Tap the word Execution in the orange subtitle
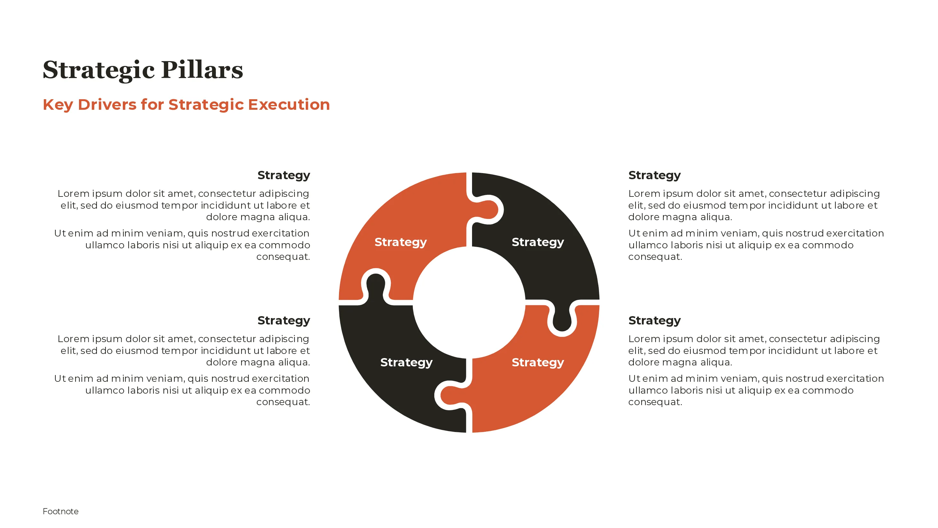coord(289,105)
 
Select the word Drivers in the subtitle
coord(107,105)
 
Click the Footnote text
coord(60,511)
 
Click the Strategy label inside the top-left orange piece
coord(400,242)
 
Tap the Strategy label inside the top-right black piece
coord(538,242)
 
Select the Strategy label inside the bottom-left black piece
coord(406,363)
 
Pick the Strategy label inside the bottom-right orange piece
coord(538,363)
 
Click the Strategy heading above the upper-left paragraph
coord(284,175)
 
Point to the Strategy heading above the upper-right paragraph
coord(654,175)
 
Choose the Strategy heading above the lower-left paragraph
coord(284,321)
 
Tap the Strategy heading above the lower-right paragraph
coord(654,321)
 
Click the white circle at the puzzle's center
coord(469,302)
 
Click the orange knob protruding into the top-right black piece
coord(486,210)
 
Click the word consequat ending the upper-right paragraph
coord(655,257)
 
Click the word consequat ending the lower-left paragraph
coord(283,402)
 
